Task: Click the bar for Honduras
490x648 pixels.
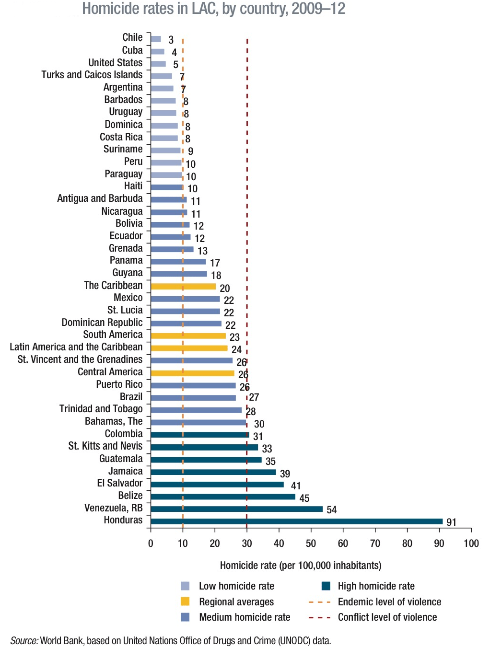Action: tap(296, 521)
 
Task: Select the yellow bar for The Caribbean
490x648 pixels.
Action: tap(183, 286)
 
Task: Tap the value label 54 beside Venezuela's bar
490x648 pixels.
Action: tap(332, 509)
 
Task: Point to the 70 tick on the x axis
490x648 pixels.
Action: tap(375, 543)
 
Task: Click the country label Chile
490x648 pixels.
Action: tap(132, 37)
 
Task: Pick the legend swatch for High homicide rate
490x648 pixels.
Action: tap(326, 586)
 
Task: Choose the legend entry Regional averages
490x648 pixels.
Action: tap(236, 602)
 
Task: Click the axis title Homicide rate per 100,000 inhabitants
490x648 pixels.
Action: tap(301, 565)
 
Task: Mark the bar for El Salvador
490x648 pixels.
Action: tap(217, 484)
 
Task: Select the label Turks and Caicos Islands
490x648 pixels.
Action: tap(92, 75)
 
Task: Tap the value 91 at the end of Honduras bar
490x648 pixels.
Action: tap(451, 522)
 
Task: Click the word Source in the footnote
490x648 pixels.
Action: tap(24, 640)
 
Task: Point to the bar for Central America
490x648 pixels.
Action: tap(192, 373)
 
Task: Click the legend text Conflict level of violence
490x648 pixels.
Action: tap(387, 617)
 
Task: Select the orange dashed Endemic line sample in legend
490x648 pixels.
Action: tap(320, 602)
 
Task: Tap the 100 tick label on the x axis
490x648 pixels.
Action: tap(471, 543)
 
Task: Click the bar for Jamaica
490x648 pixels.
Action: tap(213, 472)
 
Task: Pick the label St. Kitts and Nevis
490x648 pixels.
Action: tap(105, 446)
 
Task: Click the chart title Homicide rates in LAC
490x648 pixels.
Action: tap(214, 9)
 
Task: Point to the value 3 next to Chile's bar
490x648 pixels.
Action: tap(171, 40)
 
